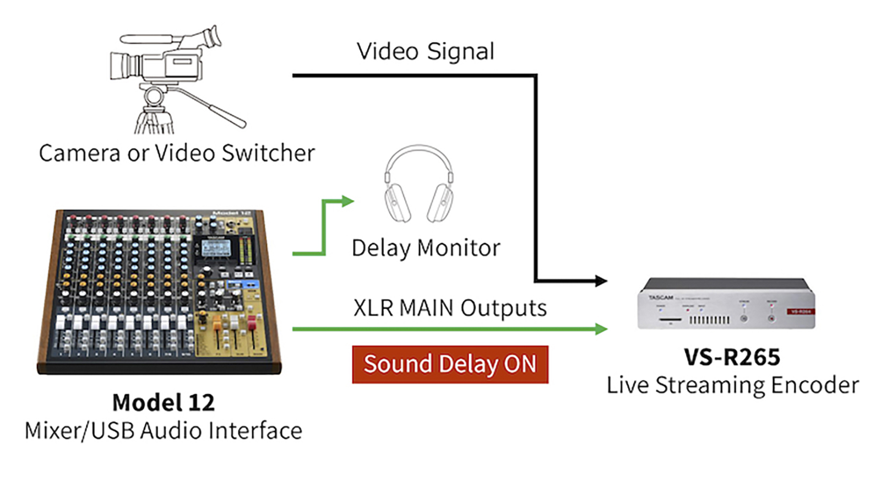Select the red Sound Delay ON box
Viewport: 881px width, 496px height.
tap(450, 364)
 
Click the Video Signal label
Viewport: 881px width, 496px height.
tap(425, 51)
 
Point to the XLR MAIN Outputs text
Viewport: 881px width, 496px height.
tap(450, 308)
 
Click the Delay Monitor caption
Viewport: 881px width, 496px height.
tap(426, 248)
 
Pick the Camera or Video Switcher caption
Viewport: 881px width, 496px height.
tap(177, 153)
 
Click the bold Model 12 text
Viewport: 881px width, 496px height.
tap(164, 402)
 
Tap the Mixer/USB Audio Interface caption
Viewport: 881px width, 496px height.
tap(164, 430)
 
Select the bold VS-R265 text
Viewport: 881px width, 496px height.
tap(732, 357)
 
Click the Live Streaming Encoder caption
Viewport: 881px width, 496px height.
tap(732, 385)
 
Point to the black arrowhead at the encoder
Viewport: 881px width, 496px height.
tap(601, 281)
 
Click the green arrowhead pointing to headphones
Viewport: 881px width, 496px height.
tap(347, 201)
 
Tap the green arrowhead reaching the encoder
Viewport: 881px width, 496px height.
tap(601, 329)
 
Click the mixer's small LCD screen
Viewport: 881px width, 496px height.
tap(216, 248)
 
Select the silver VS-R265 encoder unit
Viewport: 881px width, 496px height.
tap(726, 304)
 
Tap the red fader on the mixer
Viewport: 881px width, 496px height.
tap(251, 322)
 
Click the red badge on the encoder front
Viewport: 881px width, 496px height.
tap(800, 311)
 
